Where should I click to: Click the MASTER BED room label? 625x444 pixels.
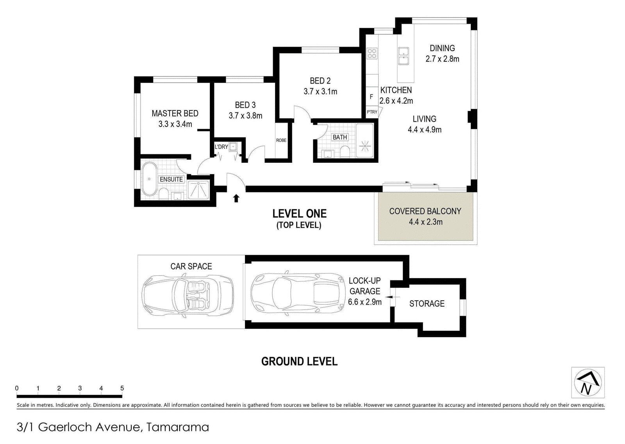pyautogui.click(x=175, y=113)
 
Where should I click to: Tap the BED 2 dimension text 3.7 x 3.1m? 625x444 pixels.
pyautogui.click(x=320, y=91)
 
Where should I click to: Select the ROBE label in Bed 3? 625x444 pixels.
pyautogui.click(x=281, y=140)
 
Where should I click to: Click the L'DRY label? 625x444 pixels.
pyautogui.click(x=221, y=147)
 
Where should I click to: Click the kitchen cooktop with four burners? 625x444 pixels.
pyautogui.click(x=372, y=53)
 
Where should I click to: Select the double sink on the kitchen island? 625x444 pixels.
pyautogui.click(x=404, y=56)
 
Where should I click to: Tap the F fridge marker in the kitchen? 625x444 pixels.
pyautogui.click(x=371, y=97)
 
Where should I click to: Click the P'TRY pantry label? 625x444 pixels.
pyautogui.click(x=372, y=112)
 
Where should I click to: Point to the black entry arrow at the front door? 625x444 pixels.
pyautogui.click(x=236, y=198)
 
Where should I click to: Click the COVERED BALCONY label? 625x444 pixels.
pyautogui.click(x=425, y=211)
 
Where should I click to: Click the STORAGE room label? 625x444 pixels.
pyautogui.click(x=427, y=303)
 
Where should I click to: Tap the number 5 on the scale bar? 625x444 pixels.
pyautogui.click(x=122, y=388)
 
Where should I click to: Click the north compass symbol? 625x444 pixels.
pyautogui.click(x=587, y=382)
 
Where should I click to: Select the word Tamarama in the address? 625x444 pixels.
pyautogui.click(x=177, y=427)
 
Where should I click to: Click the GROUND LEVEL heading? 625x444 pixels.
pyautogui.click(x=299, y=362)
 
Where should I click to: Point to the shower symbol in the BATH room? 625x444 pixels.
pyautogui.click(x=364, y=145)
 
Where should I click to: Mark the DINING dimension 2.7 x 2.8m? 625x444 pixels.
pyautogui.click(x=442, y=59)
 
